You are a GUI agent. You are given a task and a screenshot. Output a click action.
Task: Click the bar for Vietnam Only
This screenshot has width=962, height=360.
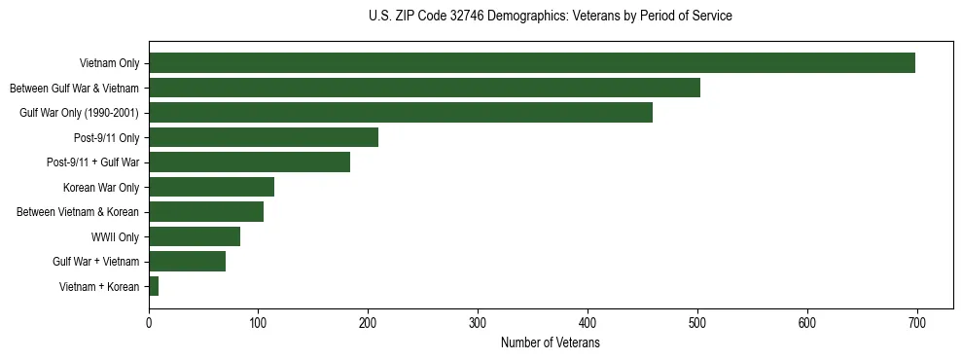click(532, 63)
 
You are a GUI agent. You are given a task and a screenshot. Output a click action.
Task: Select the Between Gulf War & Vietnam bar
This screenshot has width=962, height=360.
click(424, 88)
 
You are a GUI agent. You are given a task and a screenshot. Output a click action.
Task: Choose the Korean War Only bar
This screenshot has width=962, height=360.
click(211, 187)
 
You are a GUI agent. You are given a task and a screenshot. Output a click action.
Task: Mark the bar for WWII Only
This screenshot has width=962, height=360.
click(195, 236)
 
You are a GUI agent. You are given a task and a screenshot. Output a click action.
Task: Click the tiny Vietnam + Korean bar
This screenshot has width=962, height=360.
click(154, 286)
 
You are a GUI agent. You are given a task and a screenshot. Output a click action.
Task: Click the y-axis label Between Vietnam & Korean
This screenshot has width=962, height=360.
click(78, 212)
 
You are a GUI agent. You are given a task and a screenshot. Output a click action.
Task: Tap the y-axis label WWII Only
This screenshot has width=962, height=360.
click(115, 236)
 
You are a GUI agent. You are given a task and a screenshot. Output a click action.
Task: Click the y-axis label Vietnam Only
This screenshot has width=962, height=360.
click(109, 63)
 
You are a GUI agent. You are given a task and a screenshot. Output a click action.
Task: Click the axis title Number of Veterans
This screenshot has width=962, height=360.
click(550, 343)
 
